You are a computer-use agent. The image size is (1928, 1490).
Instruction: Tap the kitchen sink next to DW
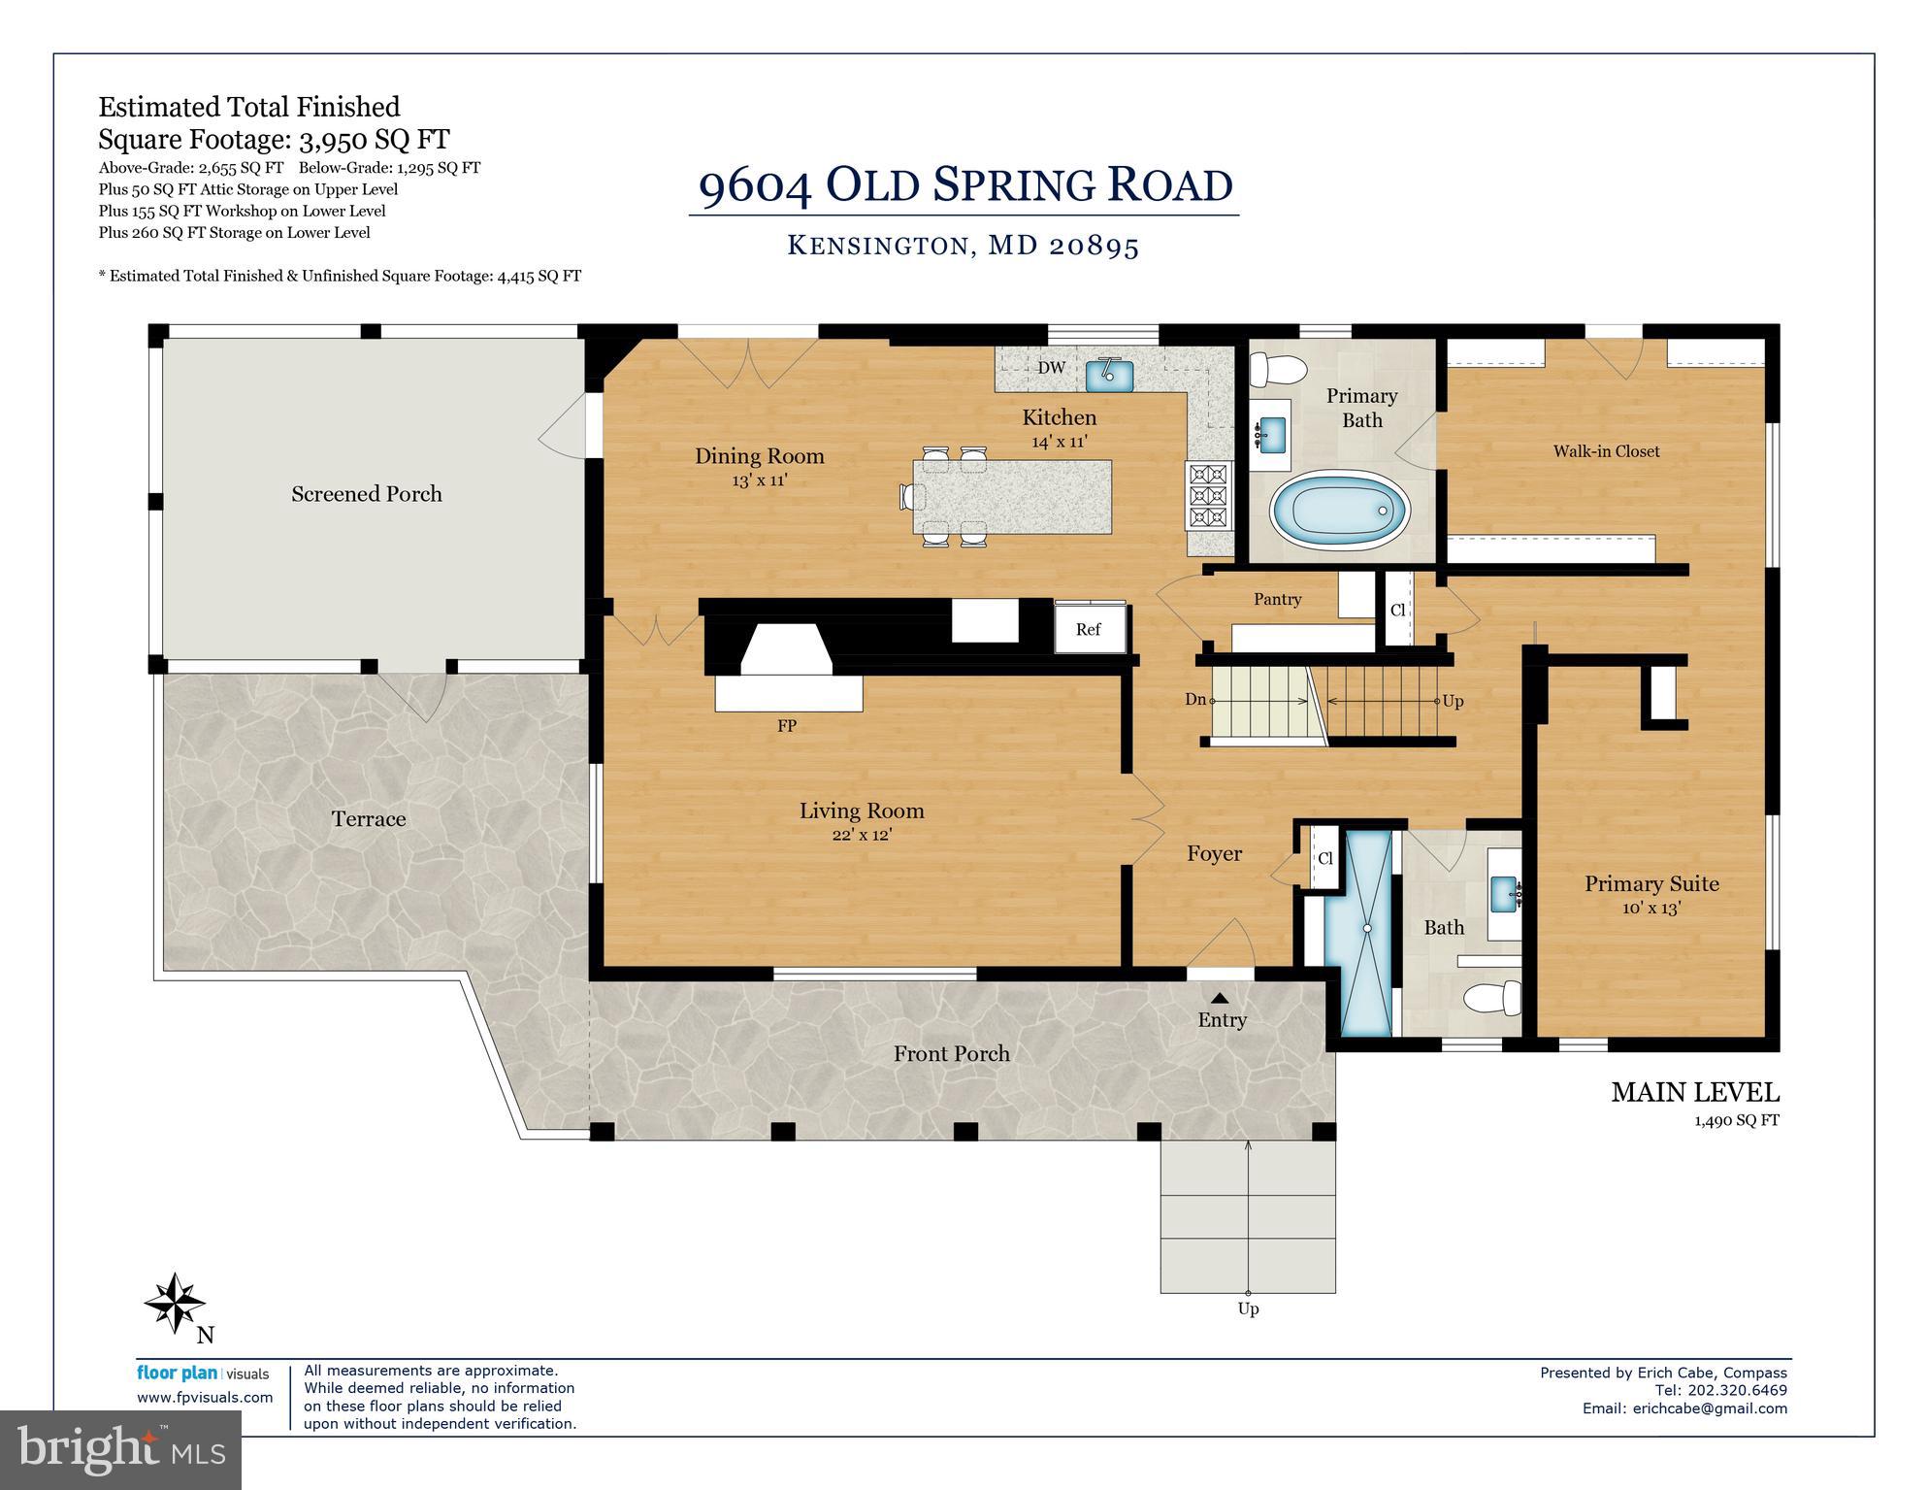click(x=1109, y=374)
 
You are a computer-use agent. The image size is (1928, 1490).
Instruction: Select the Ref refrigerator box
click(x=1090, y=629)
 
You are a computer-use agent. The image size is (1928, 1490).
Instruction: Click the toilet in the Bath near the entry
click(x=1492, y=996)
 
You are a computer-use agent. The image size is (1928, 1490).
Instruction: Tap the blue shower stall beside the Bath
click(x=1367, y=930)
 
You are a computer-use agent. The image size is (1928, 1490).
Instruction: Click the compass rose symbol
click(x=175, y=1303)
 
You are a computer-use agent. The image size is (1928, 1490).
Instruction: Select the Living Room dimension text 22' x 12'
click(x=861, y=834)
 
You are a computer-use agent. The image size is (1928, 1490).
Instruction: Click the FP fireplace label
click(x=787, y=725)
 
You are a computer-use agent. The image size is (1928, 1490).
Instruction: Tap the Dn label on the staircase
click(x=1195, y=699)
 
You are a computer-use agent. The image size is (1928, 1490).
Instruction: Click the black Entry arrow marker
click(x=1220, y=998)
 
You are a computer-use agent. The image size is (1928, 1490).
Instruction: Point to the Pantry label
click(x=1277, y=599)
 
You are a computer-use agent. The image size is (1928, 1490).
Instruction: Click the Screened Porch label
click(x=367, y=494)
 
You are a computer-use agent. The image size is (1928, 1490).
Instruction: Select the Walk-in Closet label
click(x=1606, y=451)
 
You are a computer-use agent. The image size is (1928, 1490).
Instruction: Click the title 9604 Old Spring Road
click(x=964, y=185)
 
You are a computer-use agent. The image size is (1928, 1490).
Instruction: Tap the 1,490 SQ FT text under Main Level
click(x=1737, y=1120)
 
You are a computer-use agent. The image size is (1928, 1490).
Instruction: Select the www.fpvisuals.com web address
click(x=205, y=1398)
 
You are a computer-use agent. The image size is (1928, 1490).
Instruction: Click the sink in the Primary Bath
click(x=1270, y=430)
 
